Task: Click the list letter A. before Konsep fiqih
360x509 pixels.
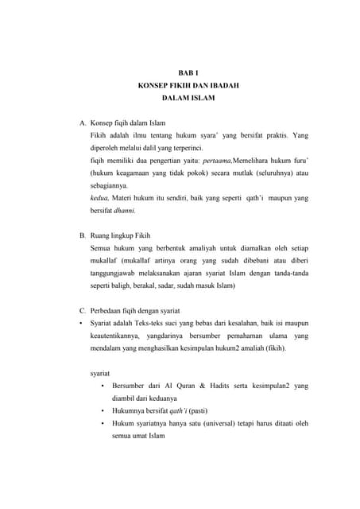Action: pos(83,124)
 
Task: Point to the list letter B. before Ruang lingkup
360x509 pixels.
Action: pos(83,235)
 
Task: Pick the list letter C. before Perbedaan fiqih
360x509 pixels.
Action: pos(83,309)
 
